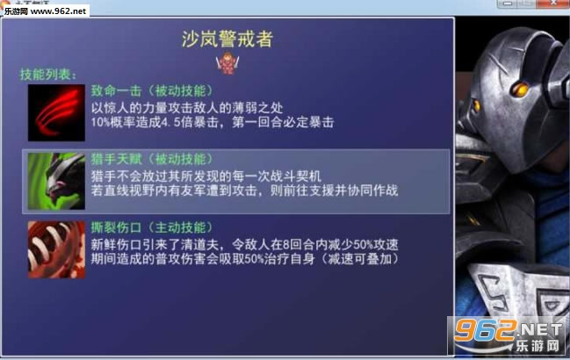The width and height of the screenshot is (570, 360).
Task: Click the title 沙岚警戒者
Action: pyautogui.click(x=229, y=39)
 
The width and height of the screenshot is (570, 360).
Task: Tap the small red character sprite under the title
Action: pyautogui.click(x=230, y=63)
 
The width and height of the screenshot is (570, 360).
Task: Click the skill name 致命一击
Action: pyautogui.click(x=113, y=90)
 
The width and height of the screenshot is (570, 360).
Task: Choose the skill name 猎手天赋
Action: pyautogui.click(x=113, y=159)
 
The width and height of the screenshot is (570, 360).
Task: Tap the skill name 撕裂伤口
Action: pyautogui.click(x=113, y=227)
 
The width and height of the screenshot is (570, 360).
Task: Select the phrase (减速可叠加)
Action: pyautogui.click(x=351, y=260)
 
